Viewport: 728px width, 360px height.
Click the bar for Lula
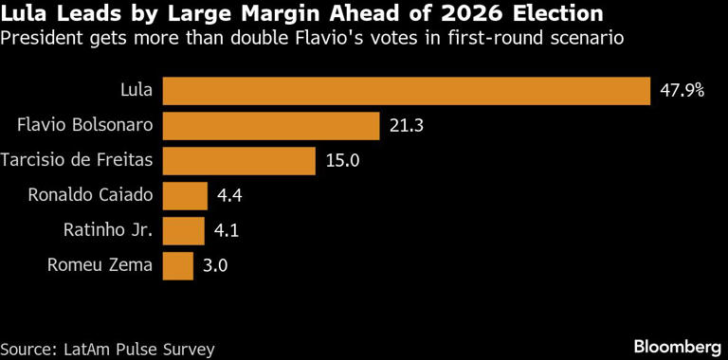[406, 91]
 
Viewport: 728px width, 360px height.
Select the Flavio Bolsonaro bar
[271, 126]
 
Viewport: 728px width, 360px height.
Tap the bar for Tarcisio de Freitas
[239, 161]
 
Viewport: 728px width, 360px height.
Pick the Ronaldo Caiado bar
[185, 196]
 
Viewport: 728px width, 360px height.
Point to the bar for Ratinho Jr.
[184, 230]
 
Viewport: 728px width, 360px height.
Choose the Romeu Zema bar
[178, 265]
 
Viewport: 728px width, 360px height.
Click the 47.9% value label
[682, 92]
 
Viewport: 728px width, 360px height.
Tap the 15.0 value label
[342, 161]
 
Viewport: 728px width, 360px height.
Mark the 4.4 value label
[231, 196]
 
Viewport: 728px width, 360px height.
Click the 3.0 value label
[217, 266]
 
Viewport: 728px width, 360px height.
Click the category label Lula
[136, 92]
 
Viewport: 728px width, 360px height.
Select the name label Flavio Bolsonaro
[86, 127]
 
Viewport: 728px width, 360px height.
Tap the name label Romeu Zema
[100, 266]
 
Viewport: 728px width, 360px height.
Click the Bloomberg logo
[676, 343]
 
